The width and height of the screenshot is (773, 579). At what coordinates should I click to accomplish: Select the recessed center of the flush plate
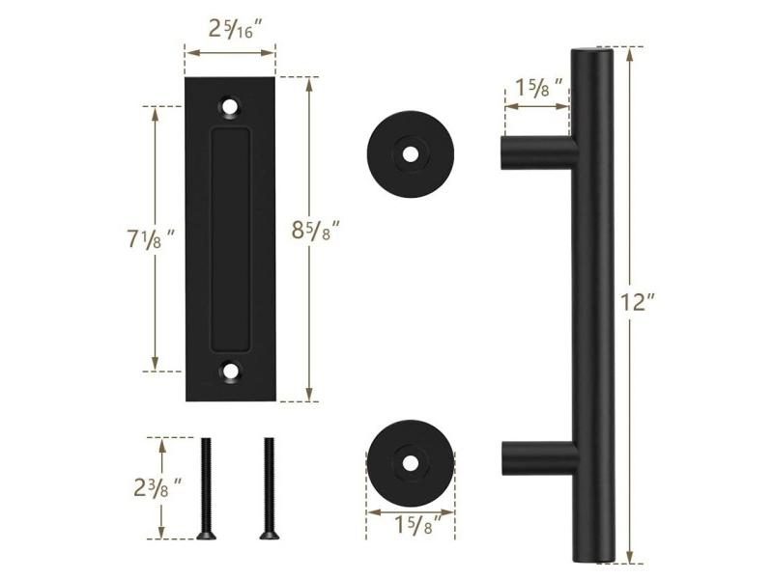[x=230, y=236]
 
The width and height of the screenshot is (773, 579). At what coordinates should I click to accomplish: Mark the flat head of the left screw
[x=206, y=534]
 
